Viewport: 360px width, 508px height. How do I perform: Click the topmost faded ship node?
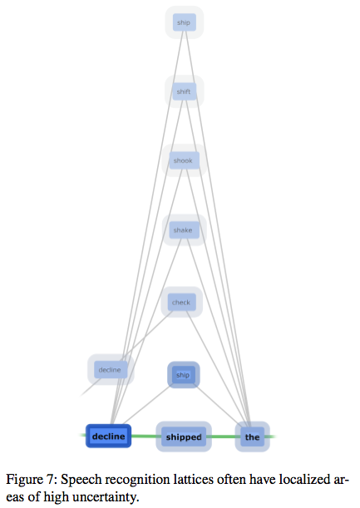(184, 22)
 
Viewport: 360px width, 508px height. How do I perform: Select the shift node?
(184, 91)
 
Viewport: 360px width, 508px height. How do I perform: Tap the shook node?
(184, 160)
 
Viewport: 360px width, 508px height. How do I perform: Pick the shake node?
(184, 230)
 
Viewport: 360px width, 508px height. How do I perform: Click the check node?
(182, 302)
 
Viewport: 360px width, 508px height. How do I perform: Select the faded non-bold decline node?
(111, 370)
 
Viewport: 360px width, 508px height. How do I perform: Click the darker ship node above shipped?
(184, 375)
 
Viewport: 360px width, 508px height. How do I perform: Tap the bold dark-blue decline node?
(109, 436)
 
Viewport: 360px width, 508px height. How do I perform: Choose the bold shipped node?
(184, 436)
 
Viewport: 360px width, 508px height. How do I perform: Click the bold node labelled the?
(252, 436)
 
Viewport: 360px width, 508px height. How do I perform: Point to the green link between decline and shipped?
(144, 436)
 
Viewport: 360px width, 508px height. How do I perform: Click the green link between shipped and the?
(224, 436)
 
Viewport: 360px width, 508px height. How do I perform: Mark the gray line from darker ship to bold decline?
(146, 405)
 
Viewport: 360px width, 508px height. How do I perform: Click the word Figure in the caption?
(25, 480)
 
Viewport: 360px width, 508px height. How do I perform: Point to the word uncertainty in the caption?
(106, 497)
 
